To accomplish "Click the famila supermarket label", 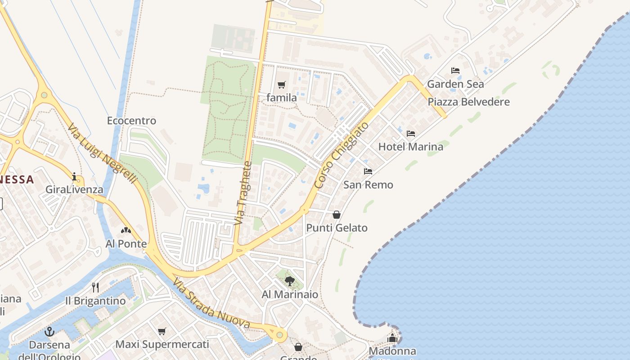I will pos(282,98).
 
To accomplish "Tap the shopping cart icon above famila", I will pos(282,85).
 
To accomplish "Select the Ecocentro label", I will pos(131,121).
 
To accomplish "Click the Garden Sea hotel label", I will pos(455,84).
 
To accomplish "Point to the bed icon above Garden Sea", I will pos(455,71).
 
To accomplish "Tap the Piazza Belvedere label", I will pos(468,102).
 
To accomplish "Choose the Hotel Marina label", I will pos(410,146).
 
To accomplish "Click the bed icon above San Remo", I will pos(368,171).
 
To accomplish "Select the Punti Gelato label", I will pos(337,228).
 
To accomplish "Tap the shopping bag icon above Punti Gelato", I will pos(337,215).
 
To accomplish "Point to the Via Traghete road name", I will pos(243,193).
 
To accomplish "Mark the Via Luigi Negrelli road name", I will pos(102,153).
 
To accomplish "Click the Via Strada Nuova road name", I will pos(211,305).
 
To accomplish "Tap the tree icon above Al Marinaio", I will pos(290,281).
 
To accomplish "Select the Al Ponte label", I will pos(126,244).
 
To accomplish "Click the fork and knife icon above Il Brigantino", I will pos(95,287).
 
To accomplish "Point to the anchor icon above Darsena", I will pos(49,332).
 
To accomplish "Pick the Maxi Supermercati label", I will pos(162,344).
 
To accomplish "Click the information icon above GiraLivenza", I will pos(74,176).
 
